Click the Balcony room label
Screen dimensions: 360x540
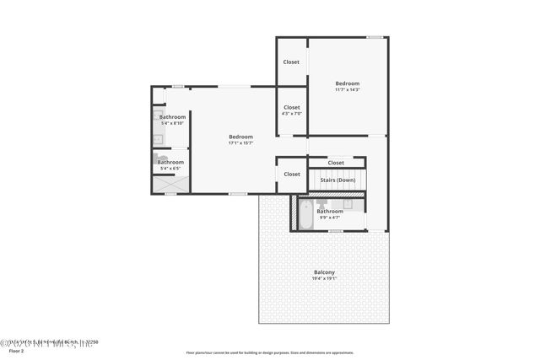[324, 271]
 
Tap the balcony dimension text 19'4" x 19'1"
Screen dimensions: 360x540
[324, 278]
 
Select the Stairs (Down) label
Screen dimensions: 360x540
[336, 180]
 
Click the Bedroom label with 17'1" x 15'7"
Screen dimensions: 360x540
[240, 137]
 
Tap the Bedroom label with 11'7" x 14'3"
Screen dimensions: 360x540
[347, 83]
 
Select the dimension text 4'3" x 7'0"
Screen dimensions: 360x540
[291, 114]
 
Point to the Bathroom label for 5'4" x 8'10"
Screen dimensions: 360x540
[172, 116]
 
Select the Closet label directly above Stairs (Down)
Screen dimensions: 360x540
[335, 163]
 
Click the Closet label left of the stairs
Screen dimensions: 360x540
[291, 175]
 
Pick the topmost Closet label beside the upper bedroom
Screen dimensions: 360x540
[291, 62]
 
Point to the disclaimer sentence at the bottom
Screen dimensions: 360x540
[269, 353]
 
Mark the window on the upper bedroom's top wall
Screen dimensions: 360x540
[375, 37]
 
